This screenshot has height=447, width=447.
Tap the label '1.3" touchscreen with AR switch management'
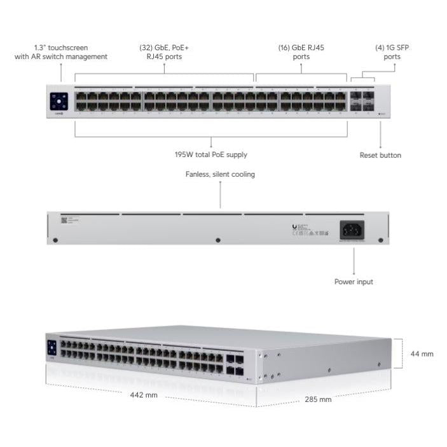click(x=61, y=52)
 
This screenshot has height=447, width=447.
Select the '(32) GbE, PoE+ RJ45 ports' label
click(x=163, y=52)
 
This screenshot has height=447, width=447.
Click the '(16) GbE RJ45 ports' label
click(x=301, y=52)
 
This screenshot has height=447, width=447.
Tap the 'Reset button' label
click(x=380, y=155)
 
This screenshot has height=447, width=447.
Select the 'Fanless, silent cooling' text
click(x=220, y=174)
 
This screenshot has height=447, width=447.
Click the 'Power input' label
click(x=354, y=282)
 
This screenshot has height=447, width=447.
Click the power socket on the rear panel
click(x=353, y=229)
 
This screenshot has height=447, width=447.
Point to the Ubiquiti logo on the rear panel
click(x=294, y=226)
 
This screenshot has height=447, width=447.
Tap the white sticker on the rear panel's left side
click(x=64, y=220)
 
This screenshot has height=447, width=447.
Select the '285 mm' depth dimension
click(x=317, y=399)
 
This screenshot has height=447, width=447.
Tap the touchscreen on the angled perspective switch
click(x=52, y=348)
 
